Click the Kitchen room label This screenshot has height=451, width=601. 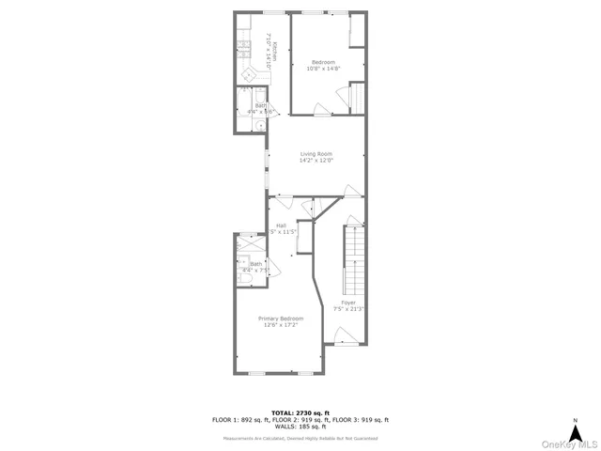point(274,48)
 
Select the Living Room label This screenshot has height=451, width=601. point(316,154)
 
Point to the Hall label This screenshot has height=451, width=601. point(281,225)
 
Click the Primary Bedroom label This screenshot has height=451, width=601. point(281,319)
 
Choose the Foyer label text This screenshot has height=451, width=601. point(348,302)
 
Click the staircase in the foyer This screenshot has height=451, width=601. point(354,258)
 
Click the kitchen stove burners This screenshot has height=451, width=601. point(243,43)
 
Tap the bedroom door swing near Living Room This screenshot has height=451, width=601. point(321,110)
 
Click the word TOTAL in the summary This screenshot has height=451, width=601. point(282,412)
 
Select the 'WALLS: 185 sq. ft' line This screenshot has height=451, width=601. point(300,428)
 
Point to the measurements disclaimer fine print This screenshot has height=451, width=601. point(300,438)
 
